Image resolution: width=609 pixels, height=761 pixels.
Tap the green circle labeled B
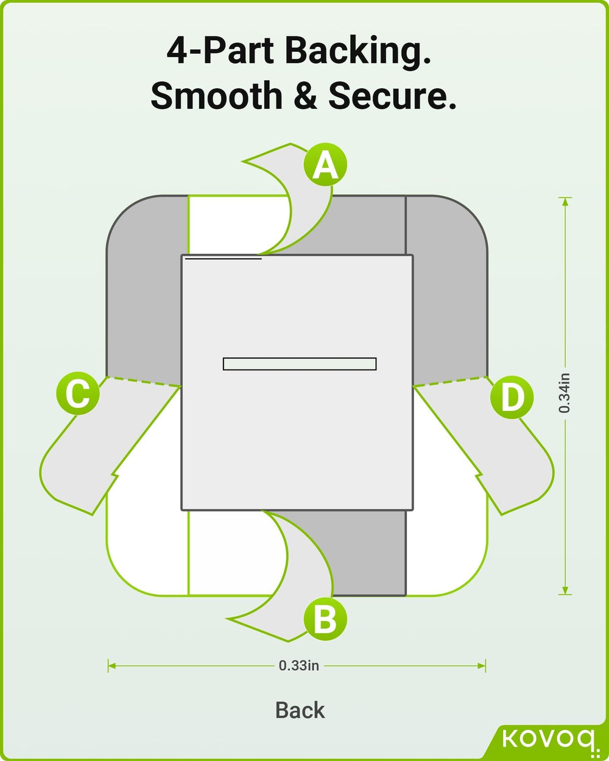pos(325,620)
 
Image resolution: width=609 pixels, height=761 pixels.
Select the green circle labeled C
pos(77,394)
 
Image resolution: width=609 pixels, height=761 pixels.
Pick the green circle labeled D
pos(512,397)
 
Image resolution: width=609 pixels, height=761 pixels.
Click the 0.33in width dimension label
pos(298,665)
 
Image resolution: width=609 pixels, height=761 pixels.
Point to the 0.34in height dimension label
pos(565,393)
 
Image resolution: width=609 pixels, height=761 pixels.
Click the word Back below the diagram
pos(300,710)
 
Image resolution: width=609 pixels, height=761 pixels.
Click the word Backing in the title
pos(358,51)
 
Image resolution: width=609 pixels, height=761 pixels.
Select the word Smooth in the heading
pos(216,96)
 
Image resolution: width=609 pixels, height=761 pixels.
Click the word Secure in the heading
pos(392,96)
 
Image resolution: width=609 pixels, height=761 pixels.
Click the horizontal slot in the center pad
pos(300,363)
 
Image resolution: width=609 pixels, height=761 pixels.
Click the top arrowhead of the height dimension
pos(565,201)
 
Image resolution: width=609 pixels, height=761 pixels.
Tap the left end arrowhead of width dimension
pos(111,666)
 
